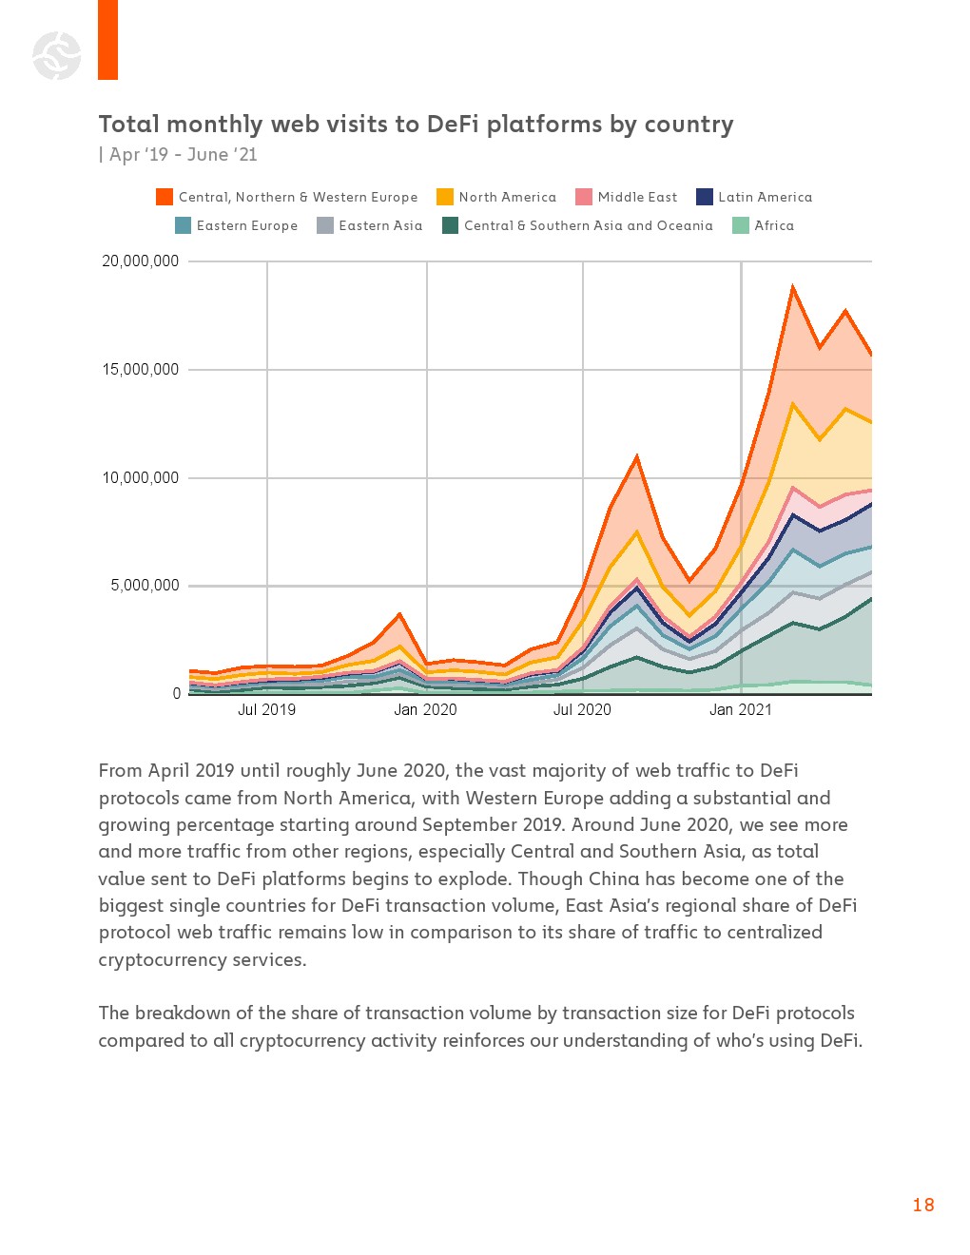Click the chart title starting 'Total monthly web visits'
point(416,125)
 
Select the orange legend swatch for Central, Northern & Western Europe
point(165,197)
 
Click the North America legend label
point(507,198)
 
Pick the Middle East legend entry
point(637,198)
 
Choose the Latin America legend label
point(765,198)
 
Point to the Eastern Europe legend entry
point(246,226)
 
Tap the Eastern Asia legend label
point(380,226)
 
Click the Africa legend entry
point(773,226)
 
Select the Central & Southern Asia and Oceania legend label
point(588,226)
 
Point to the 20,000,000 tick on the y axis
point(141,261)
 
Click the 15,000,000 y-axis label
point(141,370)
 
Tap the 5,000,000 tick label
point(145,586)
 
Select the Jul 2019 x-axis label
point(266,710)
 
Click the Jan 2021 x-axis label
point(741,710)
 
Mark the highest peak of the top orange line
point(792,286)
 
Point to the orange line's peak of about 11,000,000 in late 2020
point(637,456)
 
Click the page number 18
point(923,1206)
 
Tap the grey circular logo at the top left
point(57,55)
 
